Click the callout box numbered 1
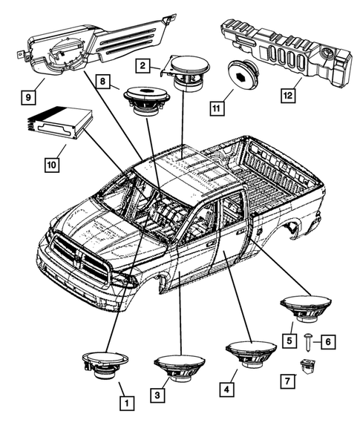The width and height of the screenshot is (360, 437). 127,404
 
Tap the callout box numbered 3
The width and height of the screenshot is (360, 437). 157,396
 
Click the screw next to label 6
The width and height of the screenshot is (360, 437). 307,341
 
